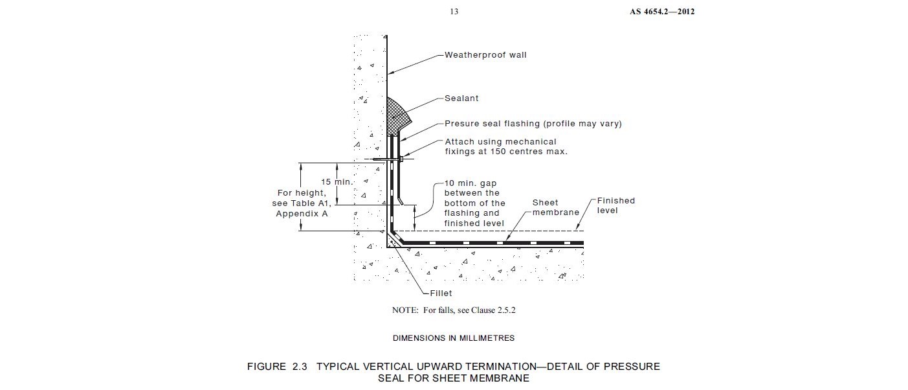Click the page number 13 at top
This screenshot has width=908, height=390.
point(454,12)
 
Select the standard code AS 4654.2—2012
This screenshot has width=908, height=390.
point(661,12)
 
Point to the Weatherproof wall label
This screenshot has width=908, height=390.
point(485,55)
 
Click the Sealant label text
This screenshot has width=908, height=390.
point(461,99)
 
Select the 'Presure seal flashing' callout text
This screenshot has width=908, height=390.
point(533,124)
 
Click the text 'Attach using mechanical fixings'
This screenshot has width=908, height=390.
point(500,142)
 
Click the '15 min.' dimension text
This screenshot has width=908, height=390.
point(337,182)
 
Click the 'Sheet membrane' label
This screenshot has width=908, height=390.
point(555,207)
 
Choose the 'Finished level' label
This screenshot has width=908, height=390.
point(615,205)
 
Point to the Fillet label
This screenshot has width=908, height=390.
point(441,293)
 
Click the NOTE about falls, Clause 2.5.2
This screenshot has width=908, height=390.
point(453,310)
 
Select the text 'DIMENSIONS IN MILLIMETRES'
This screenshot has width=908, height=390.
point(453,338)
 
